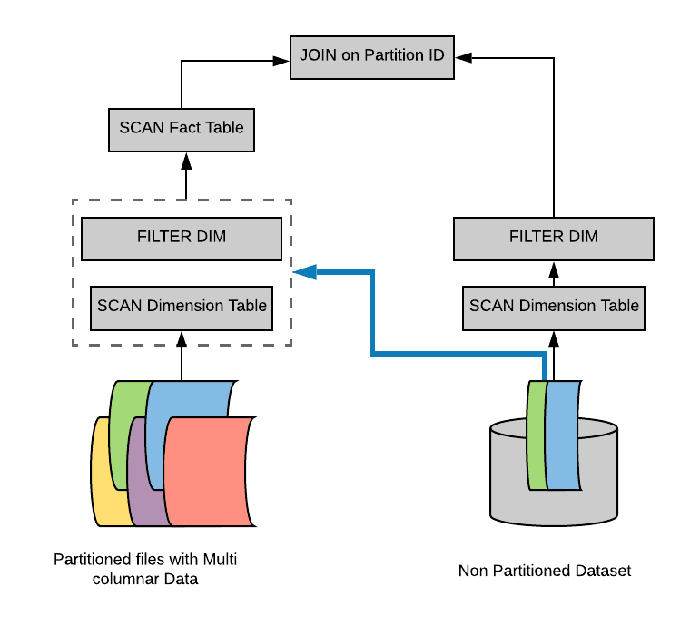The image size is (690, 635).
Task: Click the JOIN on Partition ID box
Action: click(x=372, y=58)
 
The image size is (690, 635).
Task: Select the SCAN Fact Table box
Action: click(x=182, y=130)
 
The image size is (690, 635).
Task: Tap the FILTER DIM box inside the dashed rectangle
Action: click(x=182, y=239)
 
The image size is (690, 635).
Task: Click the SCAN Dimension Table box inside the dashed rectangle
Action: click(x=182, y=308)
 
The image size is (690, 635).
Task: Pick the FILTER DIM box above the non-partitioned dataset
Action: click(x=554, y=239)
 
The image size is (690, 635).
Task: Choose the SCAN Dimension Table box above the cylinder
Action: click(x=554, y=308)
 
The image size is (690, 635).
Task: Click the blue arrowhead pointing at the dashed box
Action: click(x=305, y=272)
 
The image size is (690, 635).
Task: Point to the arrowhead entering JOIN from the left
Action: click(x=281, y=61)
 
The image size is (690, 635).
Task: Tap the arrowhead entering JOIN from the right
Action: click(x=463, y=58)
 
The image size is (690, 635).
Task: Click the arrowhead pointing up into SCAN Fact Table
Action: click(x=186, y=161)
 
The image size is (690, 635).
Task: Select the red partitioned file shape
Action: click(x=210, y=472)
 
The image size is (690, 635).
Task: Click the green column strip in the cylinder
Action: click(x=537, y=435)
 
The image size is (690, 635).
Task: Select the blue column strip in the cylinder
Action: click(x=563, y=435)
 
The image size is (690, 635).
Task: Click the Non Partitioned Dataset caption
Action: click(x=545, y=571)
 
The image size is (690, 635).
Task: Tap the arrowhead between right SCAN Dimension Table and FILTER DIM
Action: click(x=554, y=270)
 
